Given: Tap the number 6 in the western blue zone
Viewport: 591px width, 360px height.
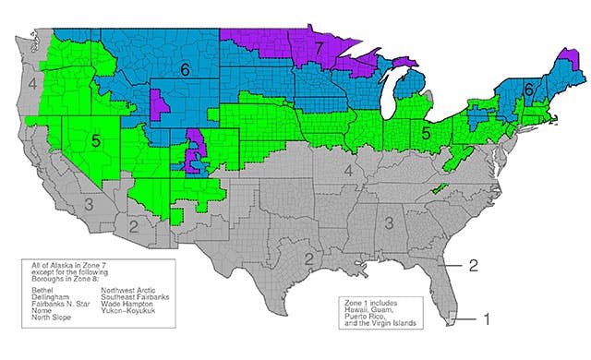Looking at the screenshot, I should [185, 68].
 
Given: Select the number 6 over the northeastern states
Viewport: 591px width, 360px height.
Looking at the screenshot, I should [528, 90].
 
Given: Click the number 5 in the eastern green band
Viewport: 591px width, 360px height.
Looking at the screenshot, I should [427, 133].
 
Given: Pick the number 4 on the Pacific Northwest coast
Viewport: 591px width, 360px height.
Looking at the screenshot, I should [31, 85].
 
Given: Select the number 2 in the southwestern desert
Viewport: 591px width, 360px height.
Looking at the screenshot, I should [133, 224].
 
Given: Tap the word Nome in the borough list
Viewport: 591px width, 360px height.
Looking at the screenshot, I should [41, 311].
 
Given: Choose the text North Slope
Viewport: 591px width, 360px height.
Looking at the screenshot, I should [51, 318].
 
